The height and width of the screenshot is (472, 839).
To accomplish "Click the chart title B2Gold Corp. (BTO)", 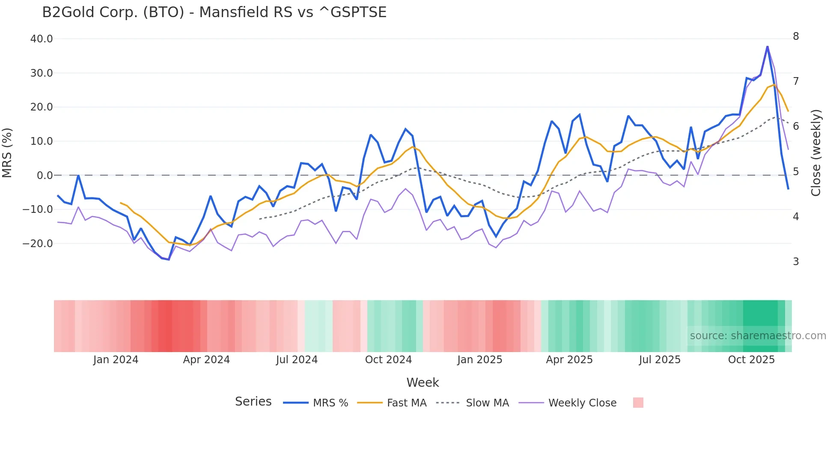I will (x=214, y=12).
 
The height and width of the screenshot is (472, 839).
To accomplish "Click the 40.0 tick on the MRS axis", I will (x=42, y=39).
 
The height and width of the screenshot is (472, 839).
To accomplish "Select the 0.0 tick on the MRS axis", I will (x=45, y=176).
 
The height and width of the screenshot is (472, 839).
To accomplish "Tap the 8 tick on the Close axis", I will (x=796, y=36).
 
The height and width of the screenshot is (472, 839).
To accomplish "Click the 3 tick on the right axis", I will (x=796, y=262).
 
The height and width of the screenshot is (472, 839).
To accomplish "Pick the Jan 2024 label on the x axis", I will (x=116, y=360).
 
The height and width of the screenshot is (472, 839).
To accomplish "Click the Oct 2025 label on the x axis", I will (x=751, y=360).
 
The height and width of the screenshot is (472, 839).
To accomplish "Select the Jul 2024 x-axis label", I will (x=297, y=360).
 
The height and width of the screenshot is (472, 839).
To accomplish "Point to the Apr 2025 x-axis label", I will (x=569, y=360).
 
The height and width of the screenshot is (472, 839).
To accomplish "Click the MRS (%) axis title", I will (x=7, y=152).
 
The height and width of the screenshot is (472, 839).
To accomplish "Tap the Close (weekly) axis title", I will (x=816, y=153).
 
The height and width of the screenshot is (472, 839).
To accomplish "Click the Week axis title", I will (x=422, y=382).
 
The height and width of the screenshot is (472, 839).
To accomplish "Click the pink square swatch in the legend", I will (x=638, y=403).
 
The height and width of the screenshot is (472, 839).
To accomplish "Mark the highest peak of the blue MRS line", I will (x=768, y=46).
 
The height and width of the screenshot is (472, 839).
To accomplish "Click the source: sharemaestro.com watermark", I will (x=758, y=336).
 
